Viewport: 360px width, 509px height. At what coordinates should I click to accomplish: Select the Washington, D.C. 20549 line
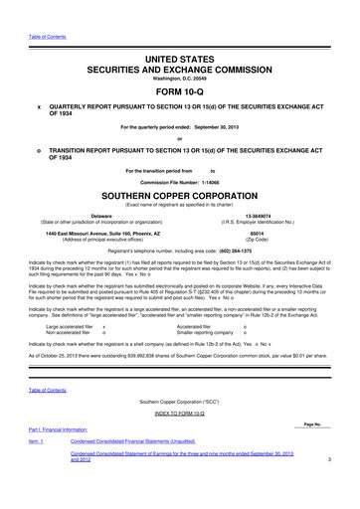click(180, 65)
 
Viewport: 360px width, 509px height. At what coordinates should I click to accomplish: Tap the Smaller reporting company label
click(209, 333)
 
